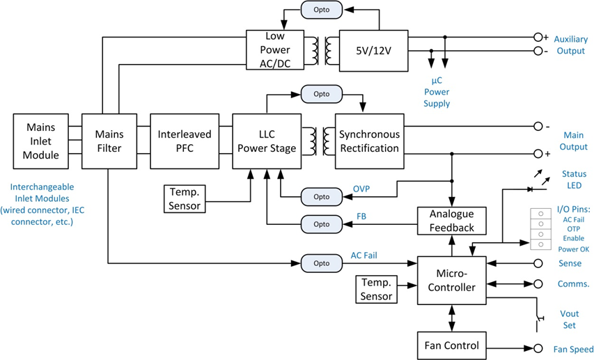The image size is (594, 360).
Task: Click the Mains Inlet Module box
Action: [x=42, y=141]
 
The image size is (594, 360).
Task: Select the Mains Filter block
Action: [x=109, y=141]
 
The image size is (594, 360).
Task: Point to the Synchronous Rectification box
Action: [x=369, y=141]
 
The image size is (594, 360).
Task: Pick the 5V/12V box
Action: [x=373, y=50]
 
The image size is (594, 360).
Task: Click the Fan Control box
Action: [x=452, y=345]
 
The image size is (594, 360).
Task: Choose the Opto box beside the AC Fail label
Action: [x=322, y=263]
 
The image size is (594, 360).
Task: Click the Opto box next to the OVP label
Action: [x=321, y=196]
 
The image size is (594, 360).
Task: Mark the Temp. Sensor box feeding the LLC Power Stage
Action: [x=185, y=198]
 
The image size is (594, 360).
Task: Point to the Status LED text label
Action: [x=574, y=180]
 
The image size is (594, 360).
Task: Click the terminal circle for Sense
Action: [x=538, y=263]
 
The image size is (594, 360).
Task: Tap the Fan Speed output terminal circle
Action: [x=538, y=349]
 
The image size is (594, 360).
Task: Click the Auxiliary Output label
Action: [x=570, y=45]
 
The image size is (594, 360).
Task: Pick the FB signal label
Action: [x=362, y=216]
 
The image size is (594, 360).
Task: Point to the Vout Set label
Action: [x=570, y=320]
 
